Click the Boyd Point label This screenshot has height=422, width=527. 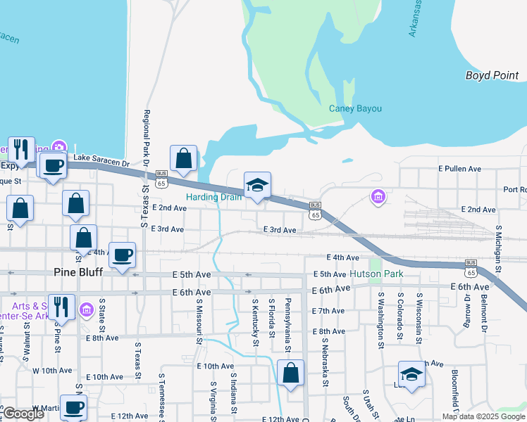(492, 75)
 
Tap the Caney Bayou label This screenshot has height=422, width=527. (355, 108)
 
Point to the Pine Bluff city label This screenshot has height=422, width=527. (78, 271)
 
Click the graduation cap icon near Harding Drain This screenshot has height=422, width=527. (257, 186)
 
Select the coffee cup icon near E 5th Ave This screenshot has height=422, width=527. (123, 255)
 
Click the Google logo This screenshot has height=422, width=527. (24, 414)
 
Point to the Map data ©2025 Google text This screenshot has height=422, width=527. (483, 416)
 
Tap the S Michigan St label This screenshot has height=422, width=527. (498, 248)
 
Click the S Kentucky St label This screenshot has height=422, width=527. (255, 322)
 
